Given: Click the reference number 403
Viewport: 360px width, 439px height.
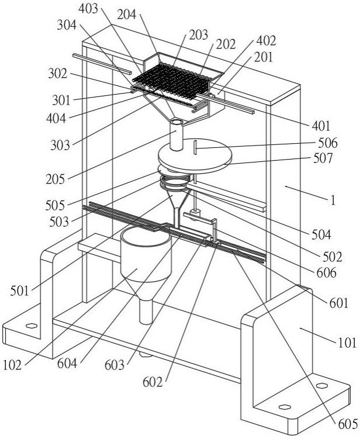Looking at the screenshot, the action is (88, 9).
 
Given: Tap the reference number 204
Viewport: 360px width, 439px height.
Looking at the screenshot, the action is (127, 15).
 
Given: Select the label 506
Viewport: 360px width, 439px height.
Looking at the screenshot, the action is (328, 143).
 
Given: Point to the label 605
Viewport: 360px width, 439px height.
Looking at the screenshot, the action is (348, 424).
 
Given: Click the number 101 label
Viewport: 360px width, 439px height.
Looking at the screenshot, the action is (347, 343).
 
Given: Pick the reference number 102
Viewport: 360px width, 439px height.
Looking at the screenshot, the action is (12, 365).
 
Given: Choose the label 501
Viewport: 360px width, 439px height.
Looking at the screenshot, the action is (20, 291).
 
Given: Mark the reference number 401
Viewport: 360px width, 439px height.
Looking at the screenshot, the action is (321, 126).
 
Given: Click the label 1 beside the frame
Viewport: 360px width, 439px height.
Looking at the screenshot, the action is (333, 201).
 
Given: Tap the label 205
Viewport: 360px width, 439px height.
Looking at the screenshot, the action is (55, 179).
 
